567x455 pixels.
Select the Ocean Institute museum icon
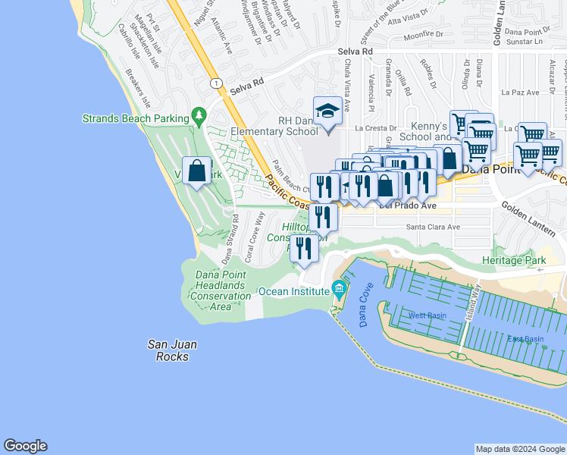click(x=338, y=289)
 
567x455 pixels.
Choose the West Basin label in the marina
click(x=426, y=315)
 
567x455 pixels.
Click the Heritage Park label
click(x=514, y=260)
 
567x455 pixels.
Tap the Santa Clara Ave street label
click(x=433, y=227)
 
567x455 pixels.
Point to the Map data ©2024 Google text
click(x=519, y=449)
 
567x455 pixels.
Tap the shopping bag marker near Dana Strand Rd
click(x=197, y=171)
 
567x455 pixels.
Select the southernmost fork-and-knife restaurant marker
click(x=304, y=248)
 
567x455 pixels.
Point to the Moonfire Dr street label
click(x=424, y=35)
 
